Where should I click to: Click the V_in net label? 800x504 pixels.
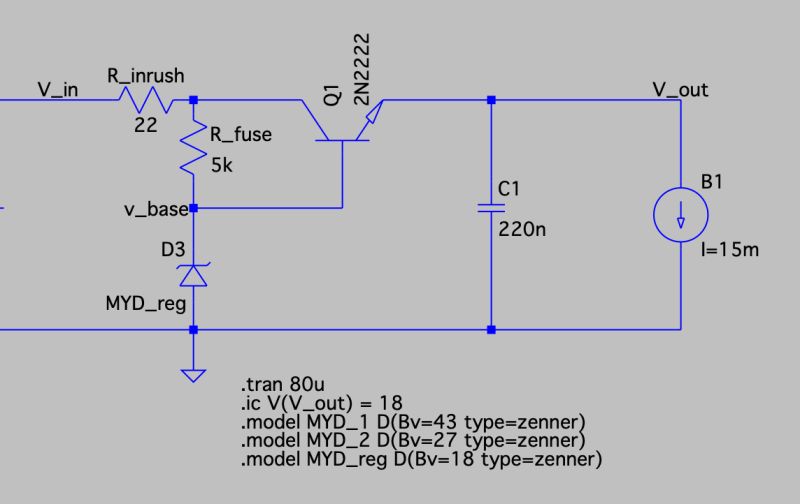59,89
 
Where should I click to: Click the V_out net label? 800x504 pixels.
680,89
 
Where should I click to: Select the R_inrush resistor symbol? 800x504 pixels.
147,100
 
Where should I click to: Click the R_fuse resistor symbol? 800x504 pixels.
193,153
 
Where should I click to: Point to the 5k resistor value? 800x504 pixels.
221,166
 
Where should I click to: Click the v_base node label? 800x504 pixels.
155,209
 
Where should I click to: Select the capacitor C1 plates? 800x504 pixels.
490,209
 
